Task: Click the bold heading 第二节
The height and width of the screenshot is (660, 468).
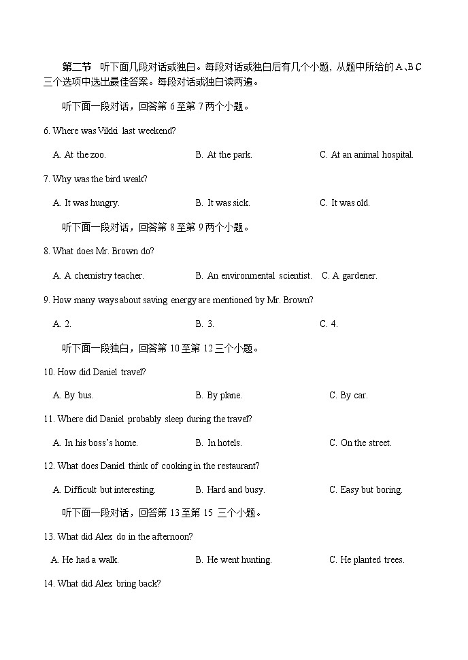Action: coord(76,67)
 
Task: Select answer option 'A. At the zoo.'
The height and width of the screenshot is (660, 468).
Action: coord(80,155)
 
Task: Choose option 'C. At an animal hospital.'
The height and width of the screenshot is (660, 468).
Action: coord(366,155)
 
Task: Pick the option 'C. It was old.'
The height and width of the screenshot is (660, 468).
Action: coord(345,203)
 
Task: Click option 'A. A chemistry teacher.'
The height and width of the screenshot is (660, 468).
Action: coord(99,276)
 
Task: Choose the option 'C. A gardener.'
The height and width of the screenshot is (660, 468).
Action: coord(349,276)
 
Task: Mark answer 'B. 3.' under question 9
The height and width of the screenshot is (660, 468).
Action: coord(205,324)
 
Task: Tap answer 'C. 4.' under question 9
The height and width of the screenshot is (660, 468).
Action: coord(329,324)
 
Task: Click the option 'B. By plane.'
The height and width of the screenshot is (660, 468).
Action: coord(218,396)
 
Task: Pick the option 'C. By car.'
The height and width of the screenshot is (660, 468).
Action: coord(348,396)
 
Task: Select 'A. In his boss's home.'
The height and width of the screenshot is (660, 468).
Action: coord(95,443)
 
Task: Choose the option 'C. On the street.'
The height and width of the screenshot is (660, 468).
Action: coord(361,443)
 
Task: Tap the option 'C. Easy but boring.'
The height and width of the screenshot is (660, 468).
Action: coord(366,490)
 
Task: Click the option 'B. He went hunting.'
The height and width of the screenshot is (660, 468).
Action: coord(233,560)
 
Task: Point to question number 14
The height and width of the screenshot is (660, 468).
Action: coord(49,584)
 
